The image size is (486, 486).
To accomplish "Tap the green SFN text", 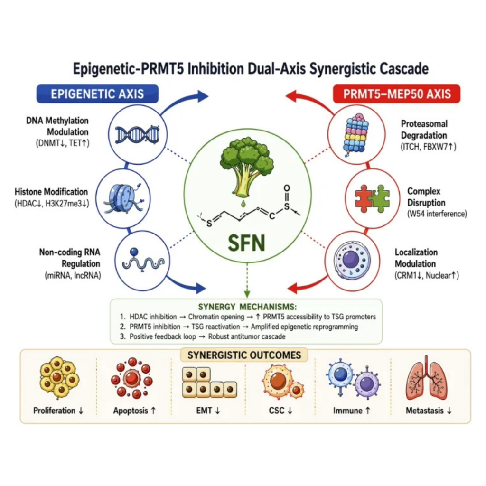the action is (x=247, y=243).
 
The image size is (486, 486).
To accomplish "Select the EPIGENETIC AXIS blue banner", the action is (x=97, y=93).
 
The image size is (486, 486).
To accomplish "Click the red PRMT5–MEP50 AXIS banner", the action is (x=397, y=93).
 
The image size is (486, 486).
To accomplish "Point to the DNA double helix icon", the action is (x=137, y=135).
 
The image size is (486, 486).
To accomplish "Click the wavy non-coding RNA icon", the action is (x=142, y=261).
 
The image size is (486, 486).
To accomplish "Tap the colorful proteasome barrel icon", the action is (x=356, y=134).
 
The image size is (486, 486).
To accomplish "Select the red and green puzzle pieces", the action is (x=372, y=199).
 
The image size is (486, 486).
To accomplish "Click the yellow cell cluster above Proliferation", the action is (x=59, y=377).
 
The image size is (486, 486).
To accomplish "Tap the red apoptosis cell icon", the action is (x=132, y=378).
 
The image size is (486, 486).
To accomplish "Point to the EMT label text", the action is (x=208, y=411).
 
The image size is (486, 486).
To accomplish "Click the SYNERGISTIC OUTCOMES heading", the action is (x=244, y=355).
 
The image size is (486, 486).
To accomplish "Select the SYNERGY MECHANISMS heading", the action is (x=247, y=307).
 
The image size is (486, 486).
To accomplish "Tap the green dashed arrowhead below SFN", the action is (x=247, y=293).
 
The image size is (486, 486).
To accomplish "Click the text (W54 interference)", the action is (x=437, y=214).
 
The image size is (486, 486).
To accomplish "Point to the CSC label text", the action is (x=280, y=411).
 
